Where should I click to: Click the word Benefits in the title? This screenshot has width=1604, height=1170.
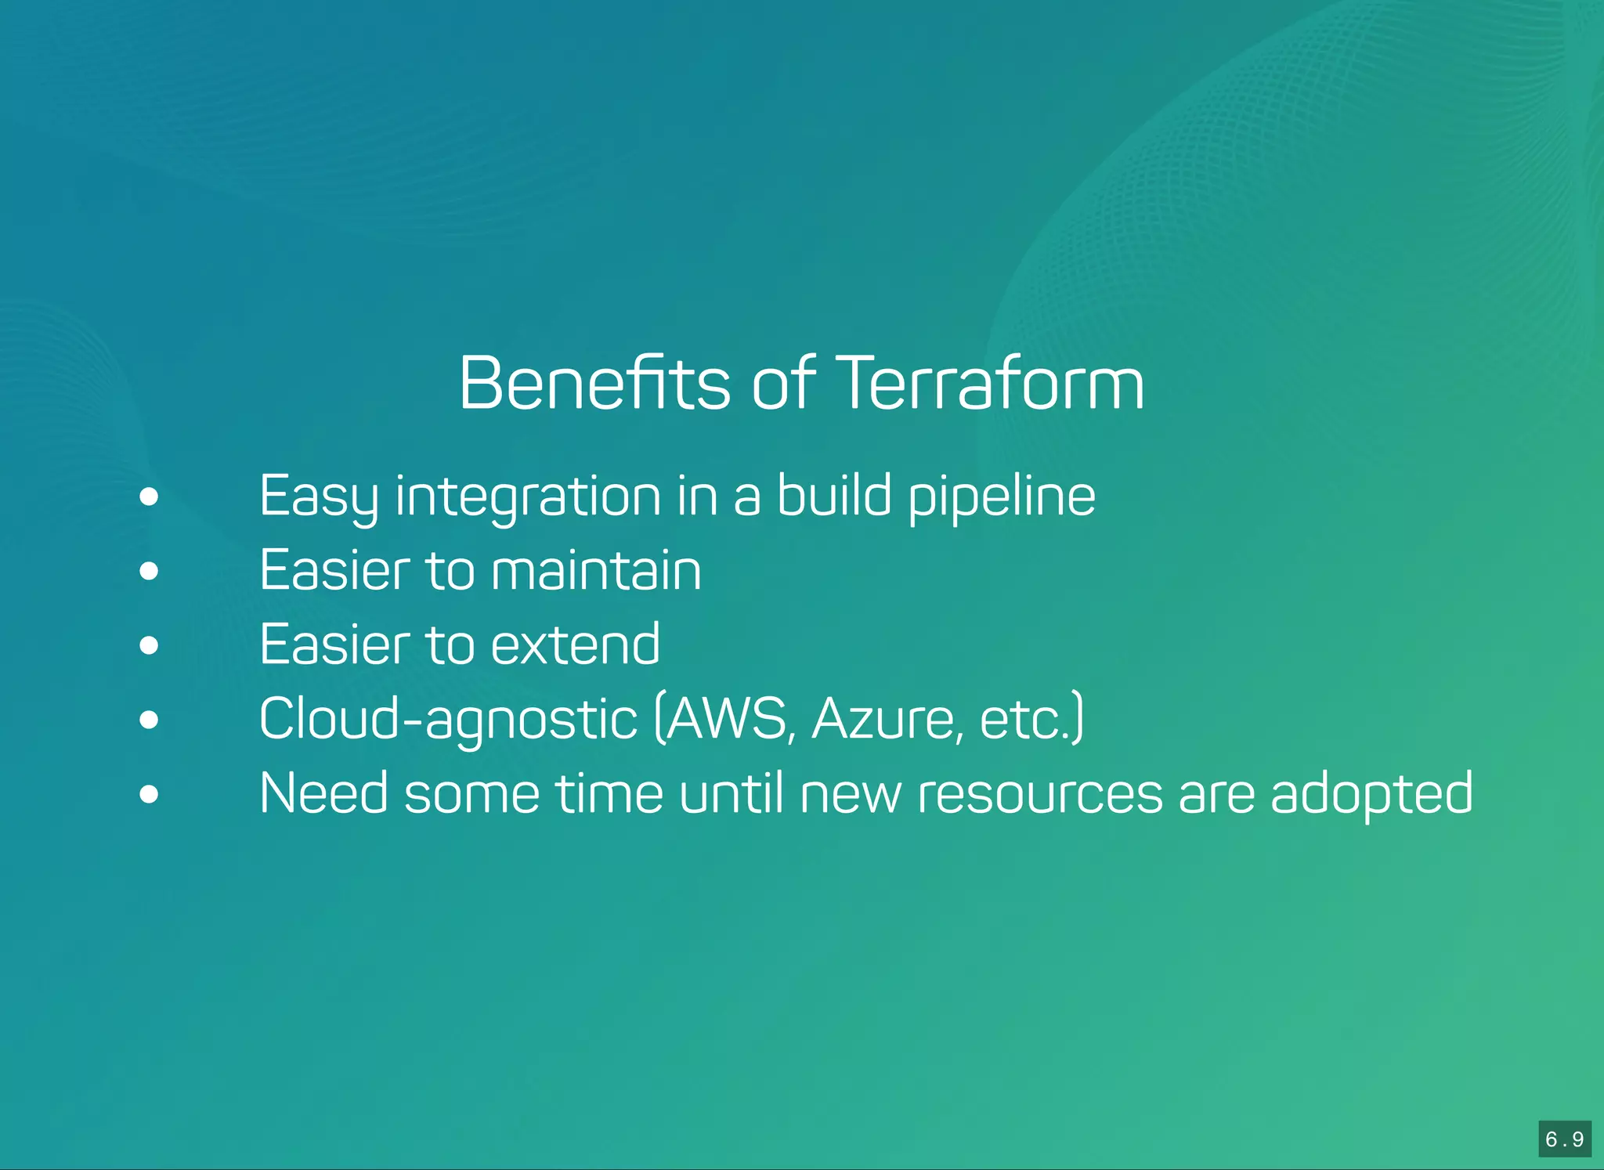[594, 383]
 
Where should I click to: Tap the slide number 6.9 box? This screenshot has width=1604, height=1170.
[1564, 1139]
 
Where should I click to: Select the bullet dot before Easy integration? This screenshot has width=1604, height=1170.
[149, 497]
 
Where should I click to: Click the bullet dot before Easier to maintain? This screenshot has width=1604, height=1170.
[149, 571]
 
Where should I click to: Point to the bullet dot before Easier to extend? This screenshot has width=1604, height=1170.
[149, 645]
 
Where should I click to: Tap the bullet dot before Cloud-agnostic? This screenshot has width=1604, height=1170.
[149, 720]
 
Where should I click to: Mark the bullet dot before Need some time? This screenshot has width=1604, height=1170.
[149, 794]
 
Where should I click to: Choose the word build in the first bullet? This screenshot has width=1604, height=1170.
[833, 497]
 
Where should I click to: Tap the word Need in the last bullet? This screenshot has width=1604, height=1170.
[323, 794]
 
